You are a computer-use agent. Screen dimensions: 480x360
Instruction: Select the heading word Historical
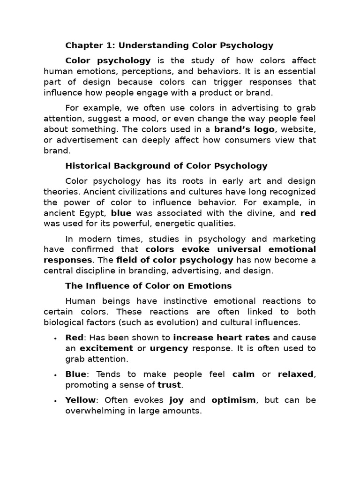click(87, 165)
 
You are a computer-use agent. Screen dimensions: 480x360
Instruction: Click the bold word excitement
click(106, 348)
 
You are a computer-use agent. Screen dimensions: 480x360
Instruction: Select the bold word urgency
click(169, 348)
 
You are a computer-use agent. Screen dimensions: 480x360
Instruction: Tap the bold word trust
click(169, 385)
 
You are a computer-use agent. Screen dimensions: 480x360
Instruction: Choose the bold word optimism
click(233, 400)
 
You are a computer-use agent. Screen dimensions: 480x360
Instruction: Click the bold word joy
click(176, 400)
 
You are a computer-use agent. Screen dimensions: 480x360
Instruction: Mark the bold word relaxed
click(295, 374)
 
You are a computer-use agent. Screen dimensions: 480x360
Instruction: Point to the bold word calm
click(244, 374)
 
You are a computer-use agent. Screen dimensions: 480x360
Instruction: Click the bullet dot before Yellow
click(55, 401)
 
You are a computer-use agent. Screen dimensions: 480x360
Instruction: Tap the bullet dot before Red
click(55, 338)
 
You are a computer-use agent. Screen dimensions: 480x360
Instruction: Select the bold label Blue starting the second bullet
click(75, 374)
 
